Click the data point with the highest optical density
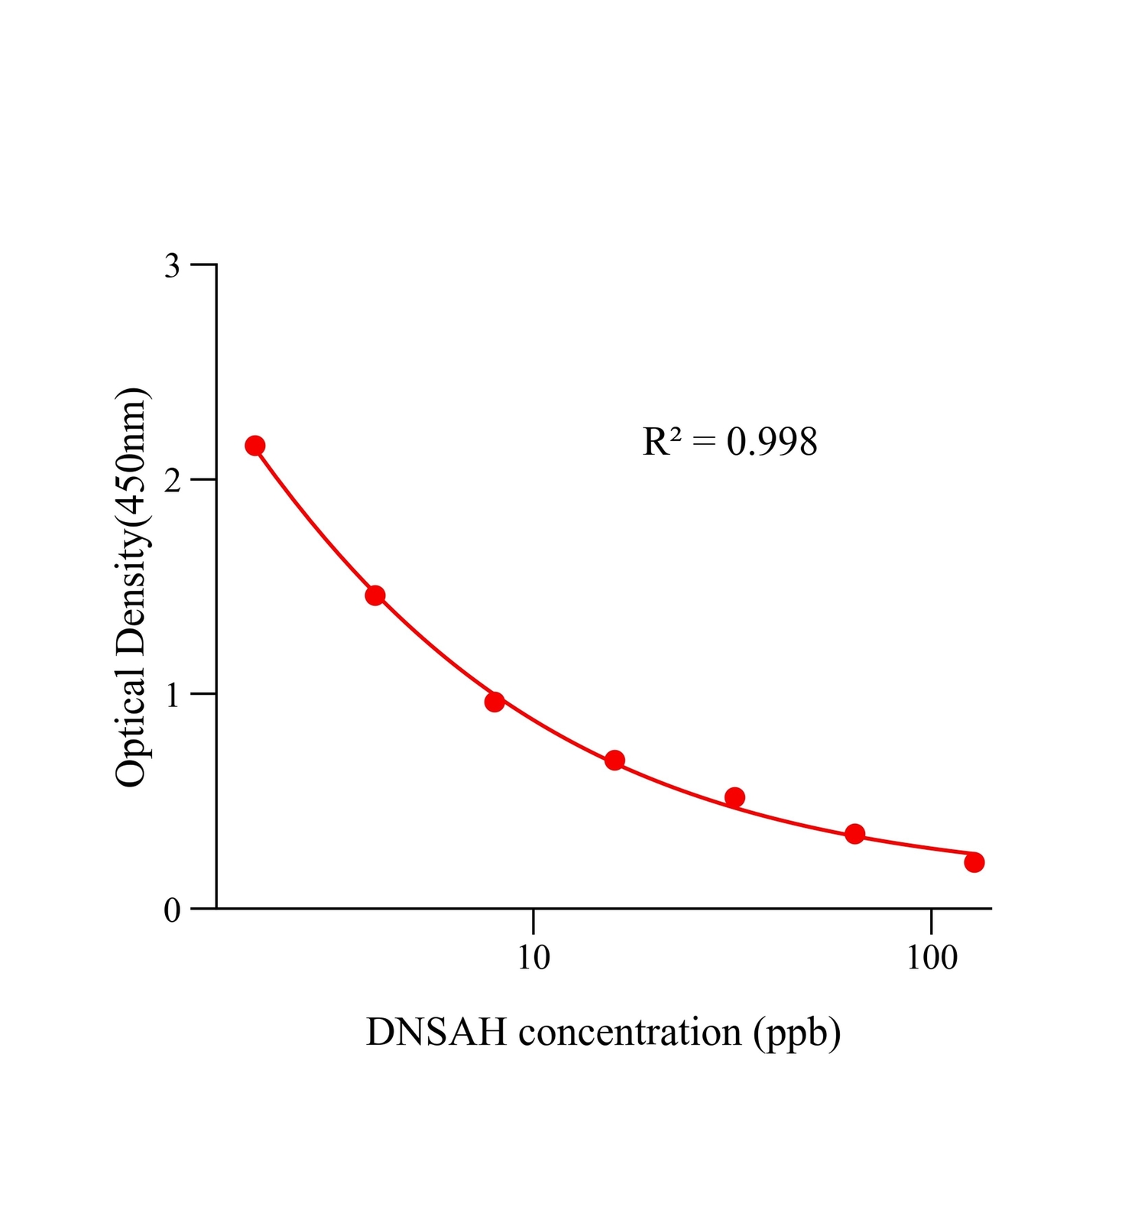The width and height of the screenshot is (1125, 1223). tap(255, 446)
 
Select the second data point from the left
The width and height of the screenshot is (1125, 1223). tap(375, 595)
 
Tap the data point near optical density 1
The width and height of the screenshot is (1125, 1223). tap(494, 702)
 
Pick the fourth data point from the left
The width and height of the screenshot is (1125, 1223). tap(614, 761)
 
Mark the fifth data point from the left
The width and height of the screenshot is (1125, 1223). tap(734, 797)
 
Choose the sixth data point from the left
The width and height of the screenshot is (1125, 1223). tap(854, 834)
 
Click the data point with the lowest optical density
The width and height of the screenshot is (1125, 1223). tap(974, 862)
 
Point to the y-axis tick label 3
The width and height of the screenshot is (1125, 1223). tap(173, 266)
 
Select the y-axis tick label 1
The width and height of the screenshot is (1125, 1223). tap(173, 695)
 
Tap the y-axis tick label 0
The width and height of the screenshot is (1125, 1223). tap(173, 910)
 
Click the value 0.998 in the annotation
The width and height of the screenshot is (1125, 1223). tap(772, 442)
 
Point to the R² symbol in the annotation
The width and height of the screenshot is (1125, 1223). tap(662, 442)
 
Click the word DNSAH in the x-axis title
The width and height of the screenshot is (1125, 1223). tap(436, 1032)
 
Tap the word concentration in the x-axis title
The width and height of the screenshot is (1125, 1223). tap(630, 1032)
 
